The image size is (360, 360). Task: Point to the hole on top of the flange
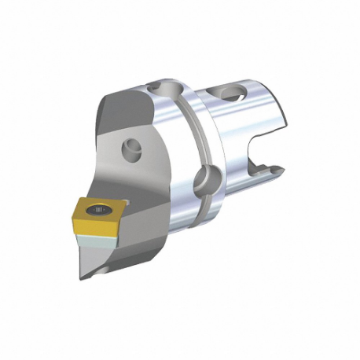[168, 86]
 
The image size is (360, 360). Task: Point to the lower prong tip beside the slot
[276, 167]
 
